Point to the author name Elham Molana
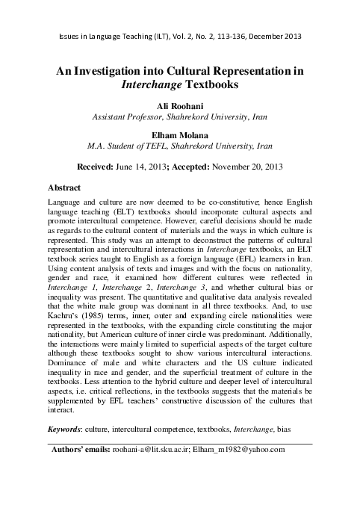(179, 135)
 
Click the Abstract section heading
(64, 188)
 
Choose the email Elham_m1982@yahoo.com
(250, 450)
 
